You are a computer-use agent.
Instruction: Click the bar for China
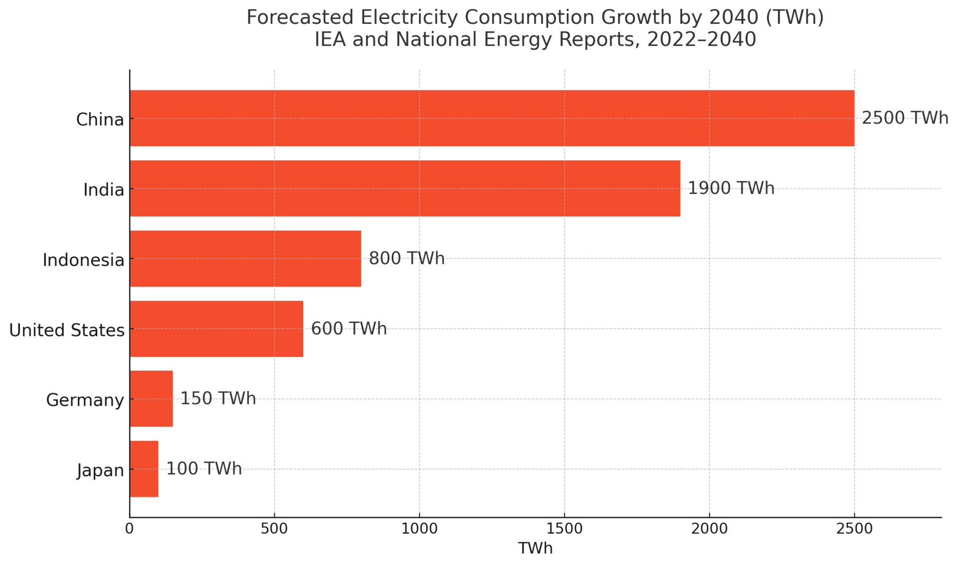pos(491,118)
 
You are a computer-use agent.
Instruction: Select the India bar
pos(405,188)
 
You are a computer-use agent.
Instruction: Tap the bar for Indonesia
pos(245,258)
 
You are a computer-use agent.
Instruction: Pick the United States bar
pos(216,329)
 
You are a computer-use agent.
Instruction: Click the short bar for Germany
pos(151,399)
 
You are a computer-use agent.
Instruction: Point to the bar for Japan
pos(144,469)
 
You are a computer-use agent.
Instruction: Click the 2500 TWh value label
pos(905,118)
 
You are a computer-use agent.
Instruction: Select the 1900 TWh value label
pos(731,188)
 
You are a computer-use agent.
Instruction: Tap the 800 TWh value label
pos(407,258)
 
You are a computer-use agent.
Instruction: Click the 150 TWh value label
pos(218,399)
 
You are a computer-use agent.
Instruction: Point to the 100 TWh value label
pos(204,469)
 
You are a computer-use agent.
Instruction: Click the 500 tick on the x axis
pos(274,529)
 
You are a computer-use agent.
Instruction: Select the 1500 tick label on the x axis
pos(564,529)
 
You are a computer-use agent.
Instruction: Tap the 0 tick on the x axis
pos(130,529)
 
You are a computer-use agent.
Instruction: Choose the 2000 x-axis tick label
pos(709,529)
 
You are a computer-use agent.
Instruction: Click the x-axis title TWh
pos(535,549)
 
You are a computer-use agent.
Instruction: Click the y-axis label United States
pos(67,330)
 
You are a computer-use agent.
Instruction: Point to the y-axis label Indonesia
pos(83,260)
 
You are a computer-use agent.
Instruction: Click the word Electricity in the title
pos(409,17)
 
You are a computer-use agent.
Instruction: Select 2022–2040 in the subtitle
pos(702,39)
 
